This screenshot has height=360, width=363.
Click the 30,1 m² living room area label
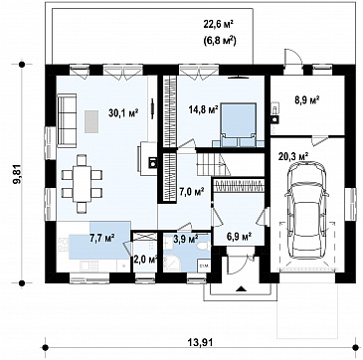[123, 113]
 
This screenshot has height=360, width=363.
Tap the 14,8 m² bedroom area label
[203, 108]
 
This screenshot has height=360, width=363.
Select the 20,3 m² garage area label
[294, 155]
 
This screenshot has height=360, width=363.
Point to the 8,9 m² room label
[307, 99]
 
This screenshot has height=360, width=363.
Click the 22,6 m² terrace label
[219, 25]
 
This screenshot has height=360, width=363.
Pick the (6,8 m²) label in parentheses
[219, 41]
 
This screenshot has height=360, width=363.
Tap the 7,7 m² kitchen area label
[102, 238]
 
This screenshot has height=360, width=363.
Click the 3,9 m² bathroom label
[186, 238]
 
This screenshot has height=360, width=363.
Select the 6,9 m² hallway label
[238, 237]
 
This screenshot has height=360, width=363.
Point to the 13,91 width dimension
[201, 342]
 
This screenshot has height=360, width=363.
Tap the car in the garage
[306, 210]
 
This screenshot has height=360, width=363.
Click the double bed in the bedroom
[239, 124]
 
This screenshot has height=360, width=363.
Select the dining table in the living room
[82, 183]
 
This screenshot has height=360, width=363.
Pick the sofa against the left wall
[67, 119]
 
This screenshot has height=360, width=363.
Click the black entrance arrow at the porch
[241, 288]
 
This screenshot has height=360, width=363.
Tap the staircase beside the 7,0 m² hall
[214, 163]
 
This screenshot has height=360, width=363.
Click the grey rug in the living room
[91, 121]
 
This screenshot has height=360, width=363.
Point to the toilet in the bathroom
[203, 247]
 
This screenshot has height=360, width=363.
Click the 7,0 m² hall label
[191, 191]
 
